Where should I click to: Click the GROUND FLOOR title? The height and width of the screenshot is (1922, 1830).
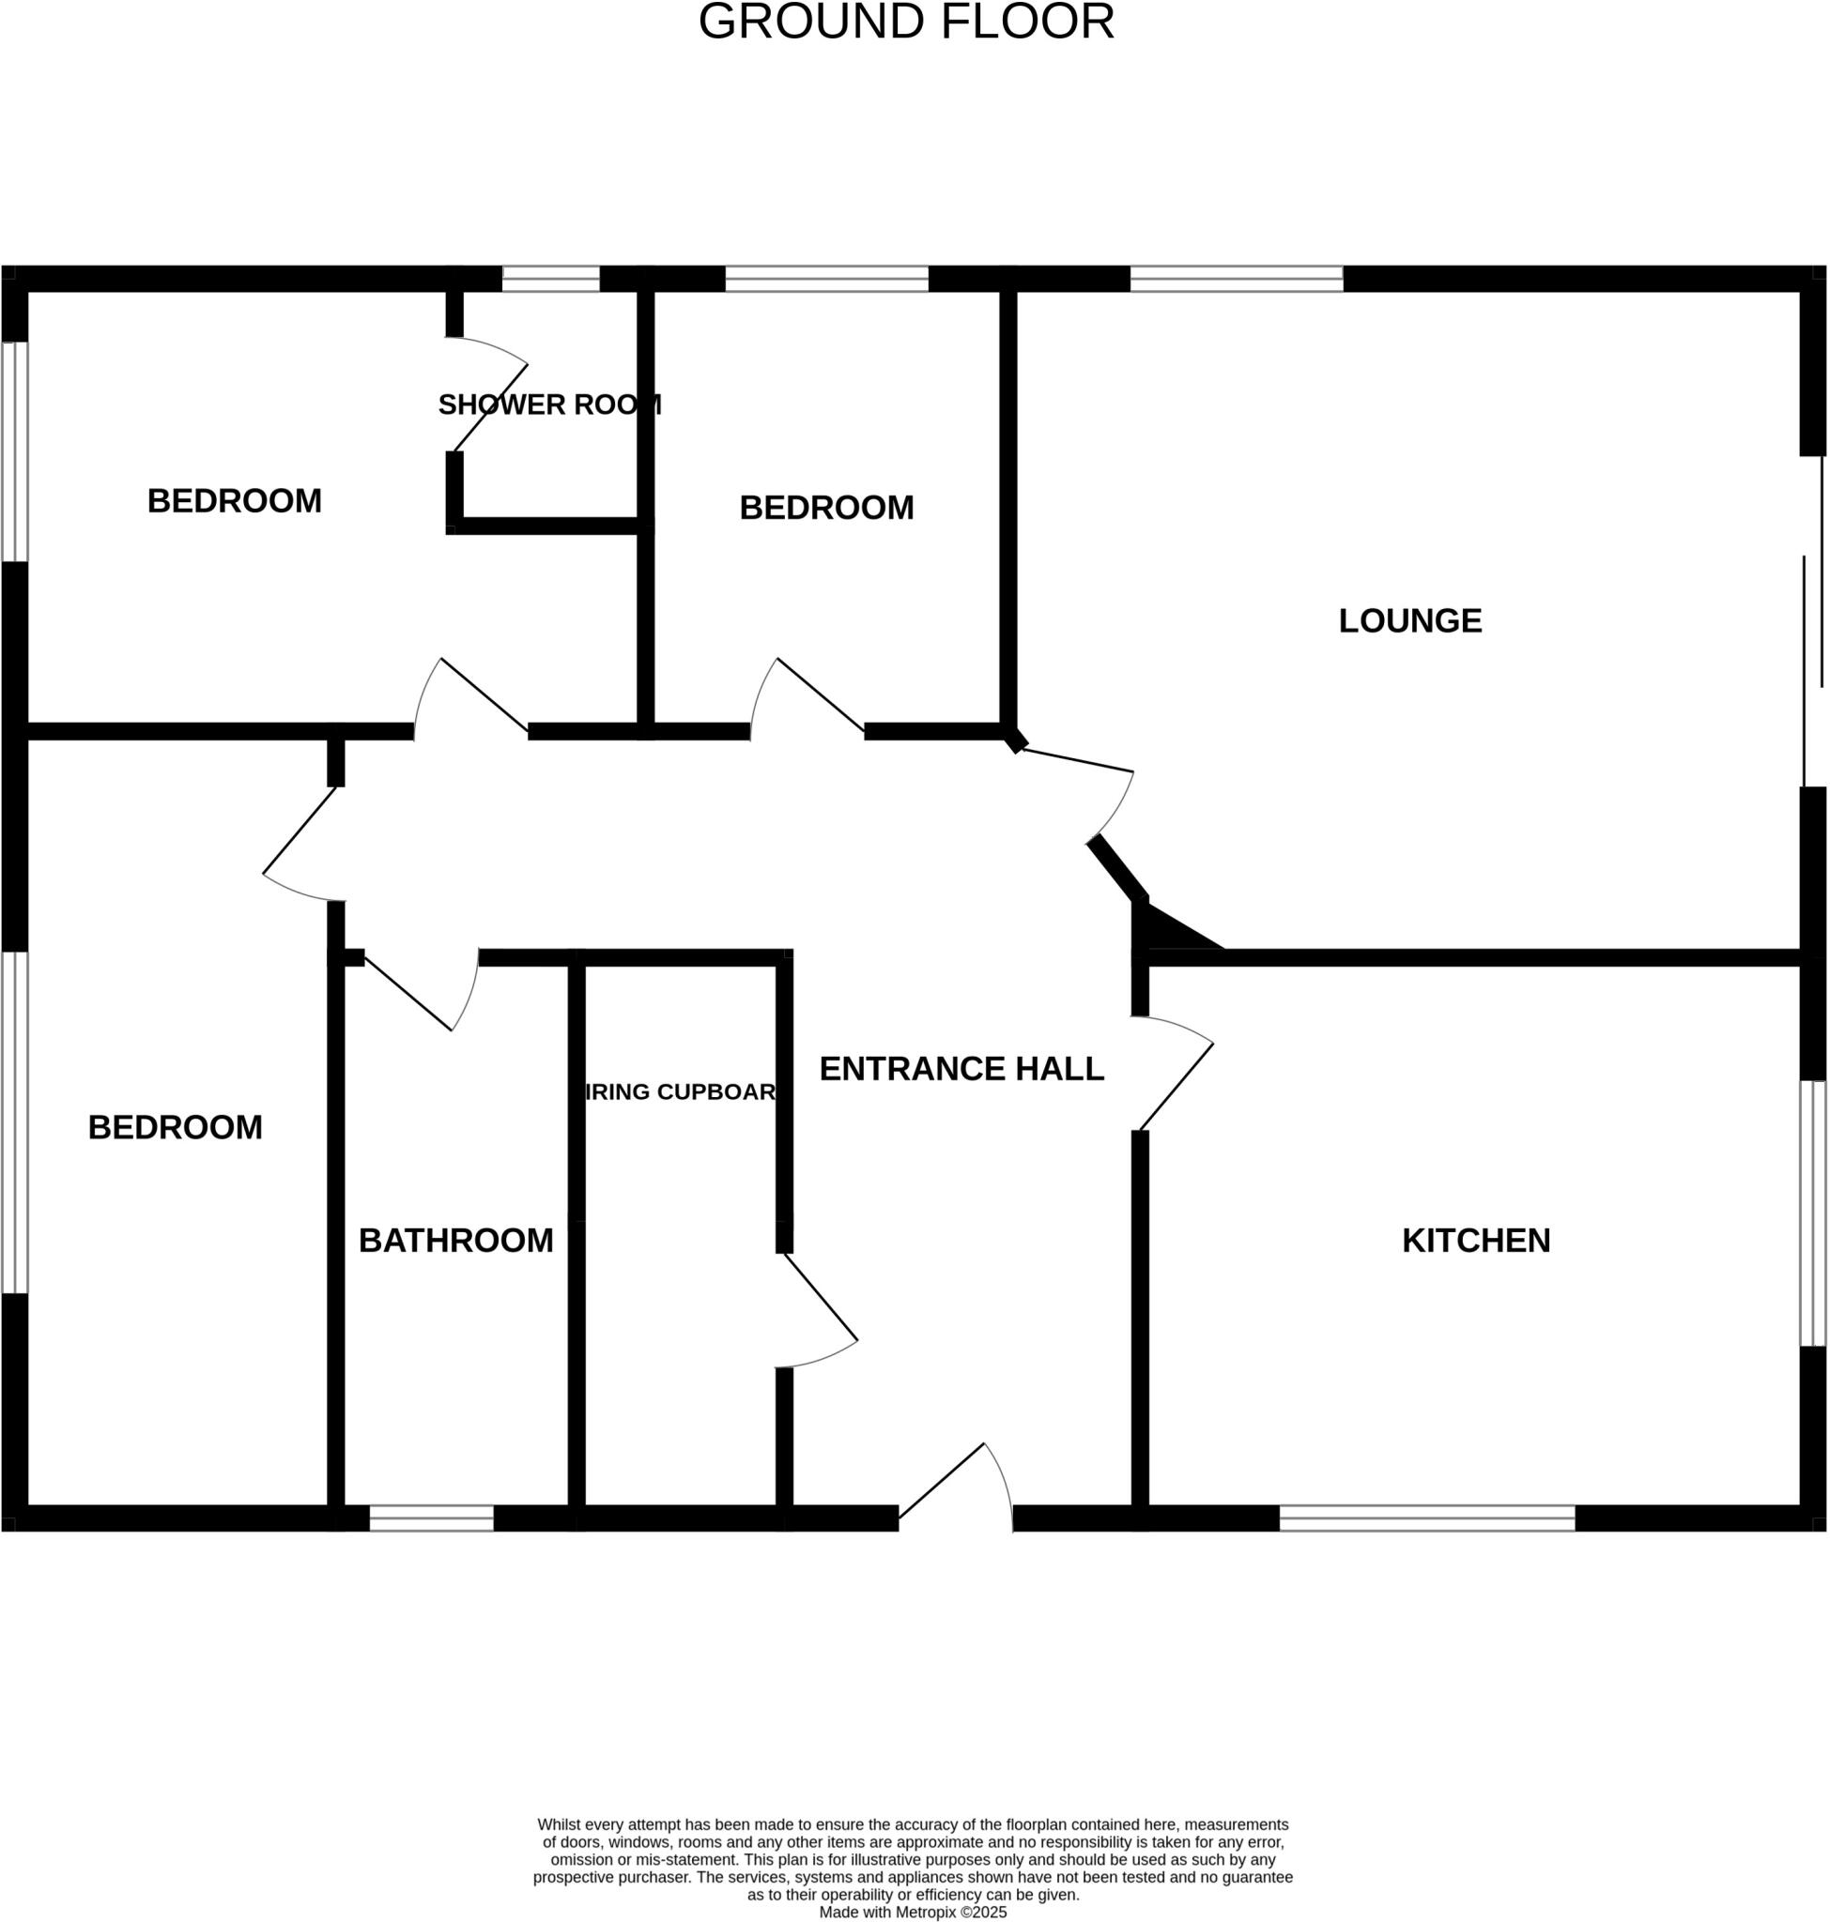point(906,23)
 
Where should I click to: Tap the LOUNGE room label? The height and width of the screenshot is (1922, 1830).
point(1409,620)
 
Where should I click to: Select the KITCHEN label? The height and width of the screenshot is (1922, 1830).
point(1475,1241)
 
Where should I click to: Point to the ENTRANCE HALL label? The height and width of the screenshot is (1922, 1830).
point(961,1069)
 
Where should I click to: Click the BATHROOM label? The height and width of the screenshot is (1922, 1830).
point(455,1241)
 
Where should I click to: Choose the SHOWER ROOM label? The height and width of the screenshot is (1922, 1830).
point(549,404)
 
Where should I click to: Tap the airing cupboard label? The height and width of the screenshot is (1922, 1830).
point(680,1092)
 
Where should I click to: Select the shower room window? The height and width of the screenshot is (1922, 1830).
point(550,279)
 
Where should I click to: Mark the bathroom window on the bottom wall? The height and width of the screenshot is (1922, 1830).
point(431,1518)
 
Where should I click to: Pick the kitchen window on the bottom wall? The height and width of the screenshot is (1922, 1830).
point(1426,1518)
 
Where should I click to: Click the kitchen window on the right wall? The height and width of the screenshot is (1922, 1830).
point(1812,1213)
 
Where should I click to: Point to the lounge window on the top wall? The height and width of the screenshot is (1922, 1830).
point(1236,279)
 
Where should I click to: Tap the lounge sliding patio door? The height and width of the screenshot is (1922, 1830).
point(1812,624)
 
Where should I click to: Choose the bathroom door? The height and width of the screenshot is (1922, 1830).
point(420,995)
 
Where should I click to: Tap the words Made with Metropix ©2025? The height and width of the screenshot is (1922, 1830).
point(912,1913)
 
